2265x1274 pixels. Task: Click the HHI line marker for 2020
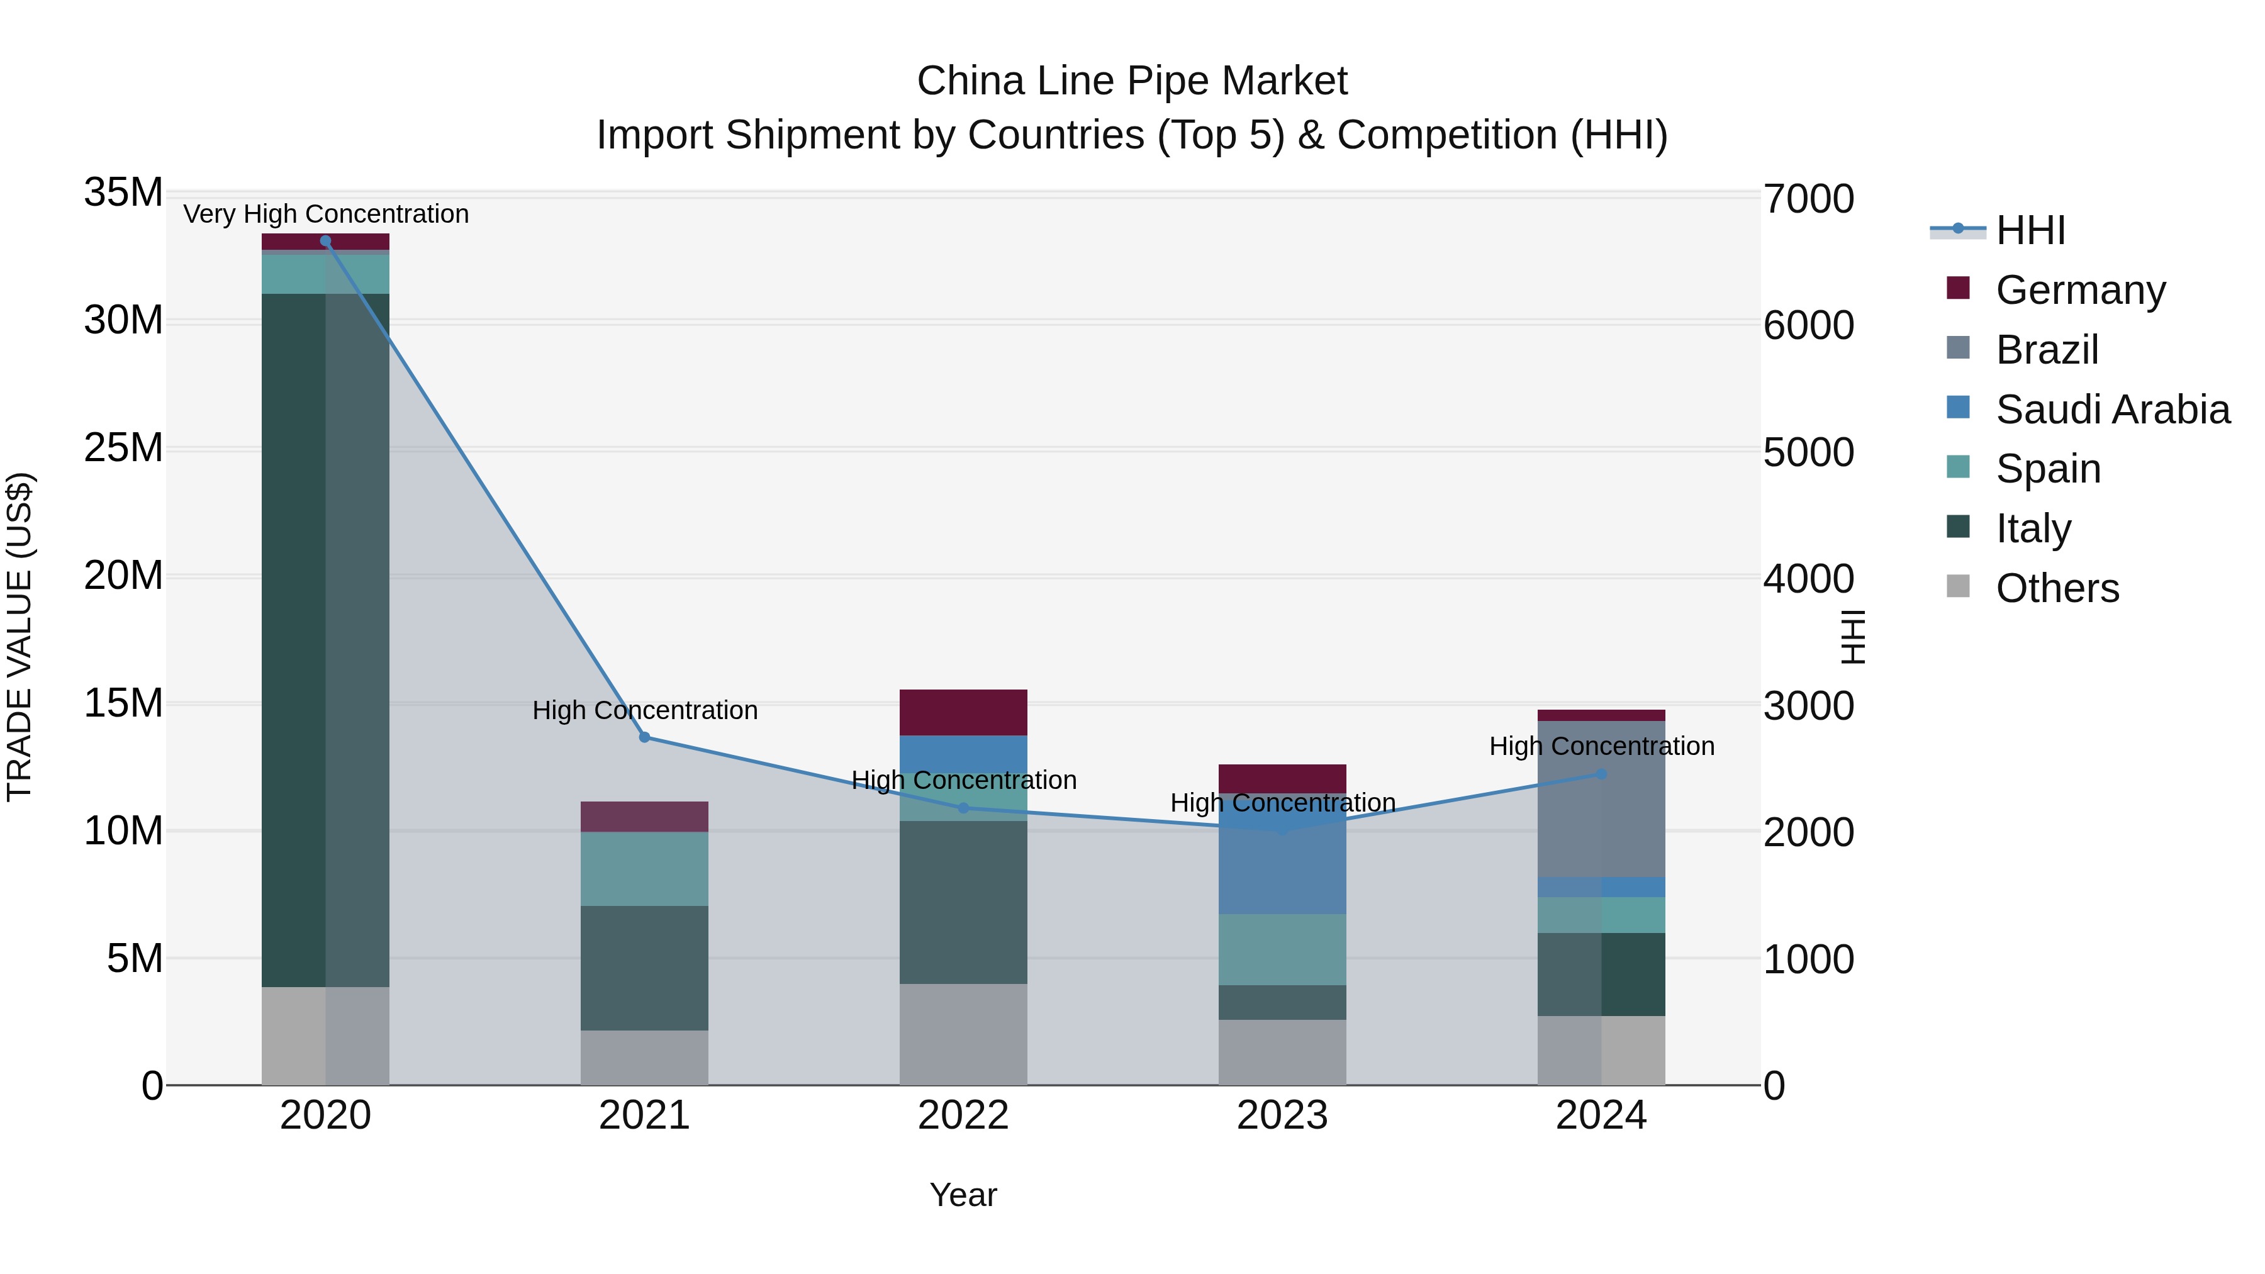pyautogui.click(x=325, y=241)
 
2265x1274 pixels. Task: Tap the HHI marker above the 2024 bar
pyautogui.click(x=1601, y=774)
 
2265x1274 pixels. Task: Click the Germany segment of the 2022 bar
pyautogui.click(x=963, y=712)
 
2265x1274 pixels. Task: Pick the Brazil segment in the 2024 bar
pyautogui.click(x=1601, y=798)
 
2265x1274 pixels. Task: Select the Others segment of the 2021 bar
pyautogui.click(x=644, y=1058)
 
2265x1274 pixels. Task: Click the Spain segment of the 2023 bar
pyautogui.click(x=1282, y=949)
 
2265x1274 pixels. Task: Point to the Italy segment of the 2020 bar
pyautogui.click(x=294, y=640)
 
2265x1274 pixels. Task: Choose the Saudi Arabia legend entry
pyautogui.click(x=2112, y=410)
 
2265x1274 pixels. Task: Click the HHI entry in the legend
pyautogui.click(x=2030, y=230)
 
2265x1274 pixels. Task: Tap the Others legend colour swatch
pyautogui.click(x=1958, y=586)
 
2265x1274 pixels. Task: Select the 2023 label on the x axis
pyautogui.click(x=1282, y=1115)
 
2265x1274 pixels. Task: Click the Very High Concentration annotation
pyautogui.click(x=326, y=215)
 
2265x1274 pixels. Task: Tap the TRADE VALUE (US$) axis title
pyautogui.click(x=20, y=637)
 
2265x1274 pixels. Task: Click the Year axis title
pyautogui.click(x=963, y=1195)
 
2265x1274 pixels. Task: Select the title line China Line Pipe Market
pyautogui.click(x=1132, y=81)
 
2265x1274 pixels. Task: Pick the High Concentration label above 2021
pyautogui.click(x=644, y=710)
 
